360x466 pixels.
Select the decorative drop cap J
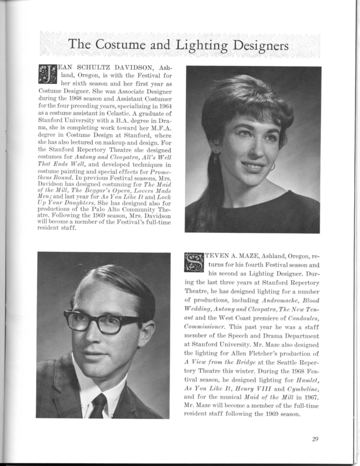coord(47,73)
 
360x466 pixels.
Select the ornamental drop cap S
coord(193,262)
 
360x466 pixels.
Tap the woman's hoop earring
coord(271,166)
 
